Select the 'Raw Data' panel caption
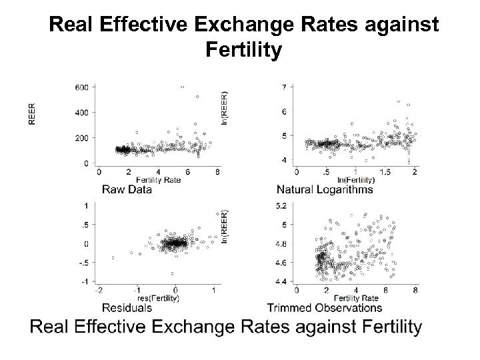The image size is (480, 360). tap(127, 189)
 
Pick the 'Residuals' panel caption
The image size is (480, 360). tap(127, 307)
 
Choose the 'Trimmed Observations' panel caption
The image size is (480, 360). tap(325, 307)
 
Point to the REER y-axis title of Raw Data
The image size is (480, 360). tap(31, 113)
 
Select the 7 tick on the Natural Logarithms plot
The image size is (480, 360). tap(285, 87)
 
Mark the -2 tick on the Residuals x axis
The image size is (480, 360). tap(99, 291)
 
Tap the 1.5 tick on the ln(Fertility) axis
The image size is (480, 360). tap(387, 173)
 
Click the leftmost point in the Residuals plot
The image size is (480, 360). tap(113, 257)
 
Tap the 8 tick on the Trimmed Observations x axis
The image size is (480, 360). tap(415, 291)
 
